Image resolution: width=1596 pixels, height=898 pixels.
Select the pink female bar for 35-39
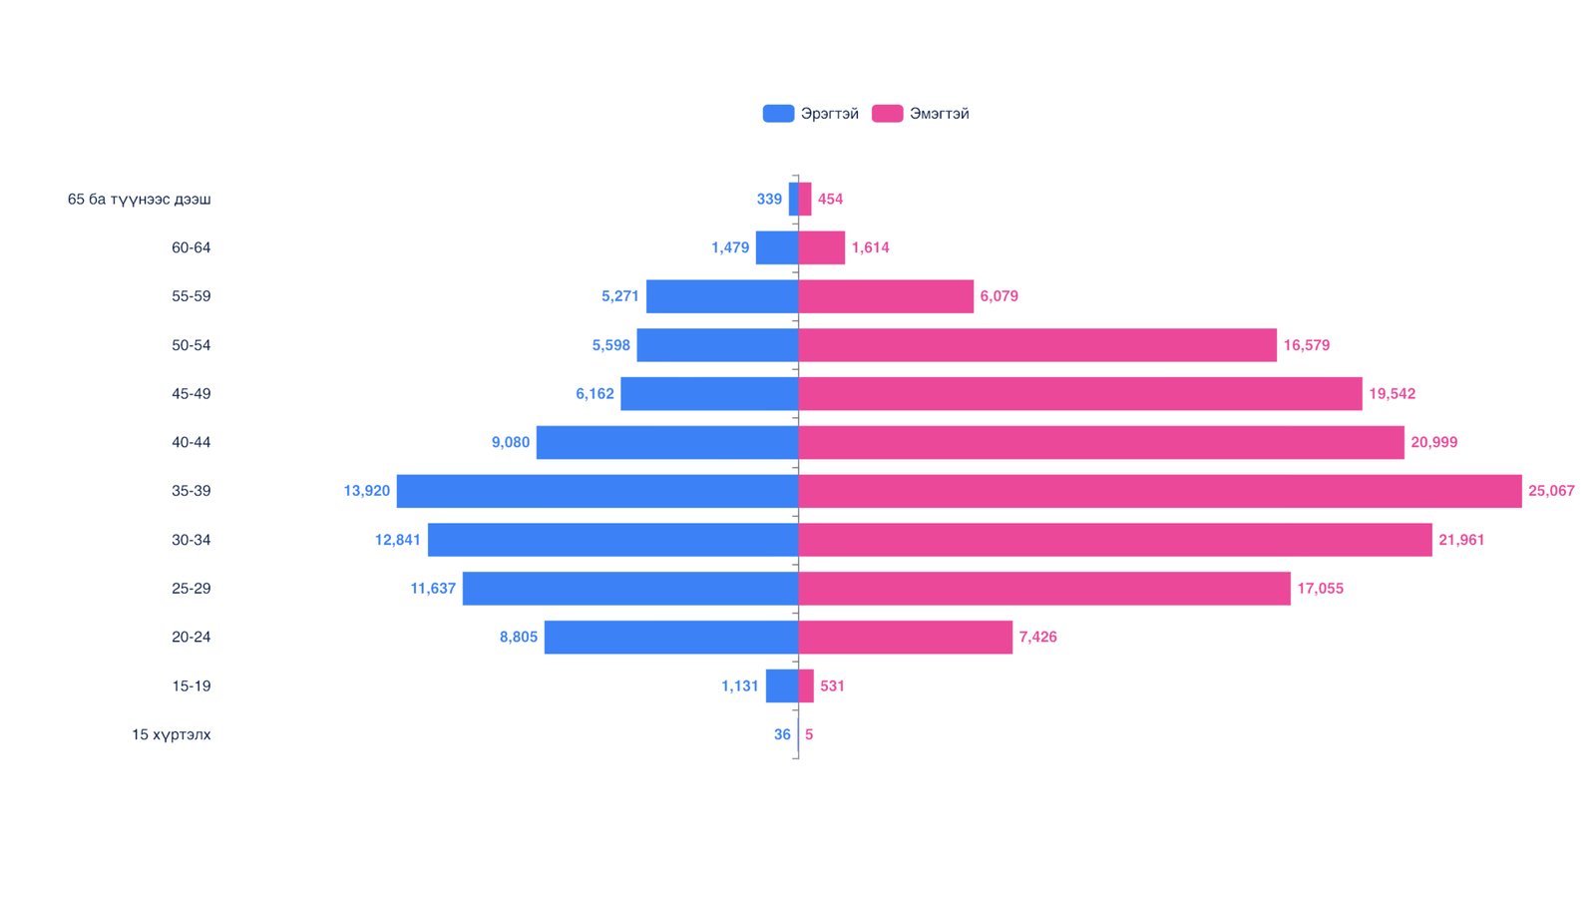[x=1159, y=491]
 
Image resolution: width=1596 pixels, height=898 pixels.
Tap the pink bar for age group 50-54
[x=1037, y=345]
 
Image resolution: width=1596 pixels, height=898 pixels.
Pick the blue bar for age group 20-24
[x=670, y=638]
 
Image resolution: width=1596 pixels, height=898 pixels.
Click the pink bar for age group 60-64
[x=821, y=247]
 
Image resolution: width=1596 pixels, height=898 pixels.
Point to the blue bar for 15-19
[x=781, y=685]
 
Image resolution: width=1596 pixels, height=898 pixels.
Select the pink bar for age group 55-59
[x=886, y=296]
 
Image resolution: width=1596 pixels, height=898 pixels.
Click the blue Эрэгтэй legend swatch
[x=778, y=114]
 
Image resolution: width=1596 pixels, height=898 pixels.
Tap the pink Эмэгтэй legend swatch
[x=887, y=114]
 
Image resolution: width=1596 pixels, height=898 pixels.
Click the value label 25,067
[x=1551, y=491]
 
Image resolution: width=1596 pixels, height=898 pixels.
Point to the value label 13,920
[x=366, y=491]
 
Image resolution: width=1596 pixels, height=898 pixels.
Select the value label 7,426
[x=1037, y=638]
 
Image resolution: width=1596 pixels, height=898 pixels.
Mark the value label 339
[x=769, y=200]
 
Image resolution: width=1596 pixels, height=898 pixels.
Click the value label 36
[x=782, y=734]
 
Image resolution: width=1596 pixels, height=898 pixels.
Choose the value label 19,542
[x=1392, y=394]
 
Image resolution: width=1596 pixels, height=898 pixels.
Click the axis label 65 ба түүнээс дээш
[x=140, y=200]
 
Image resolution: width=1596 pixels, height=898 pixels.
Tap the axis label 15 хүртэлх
[x=172, y=734]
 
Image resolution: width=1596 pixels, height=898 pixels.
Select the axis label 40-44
[x=191, y=442]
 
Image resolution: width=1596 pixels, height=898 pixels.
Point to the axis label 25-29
[x=191, y=589]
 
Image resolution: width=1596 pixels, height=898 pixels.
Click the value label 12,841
[x=397, y=540]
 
